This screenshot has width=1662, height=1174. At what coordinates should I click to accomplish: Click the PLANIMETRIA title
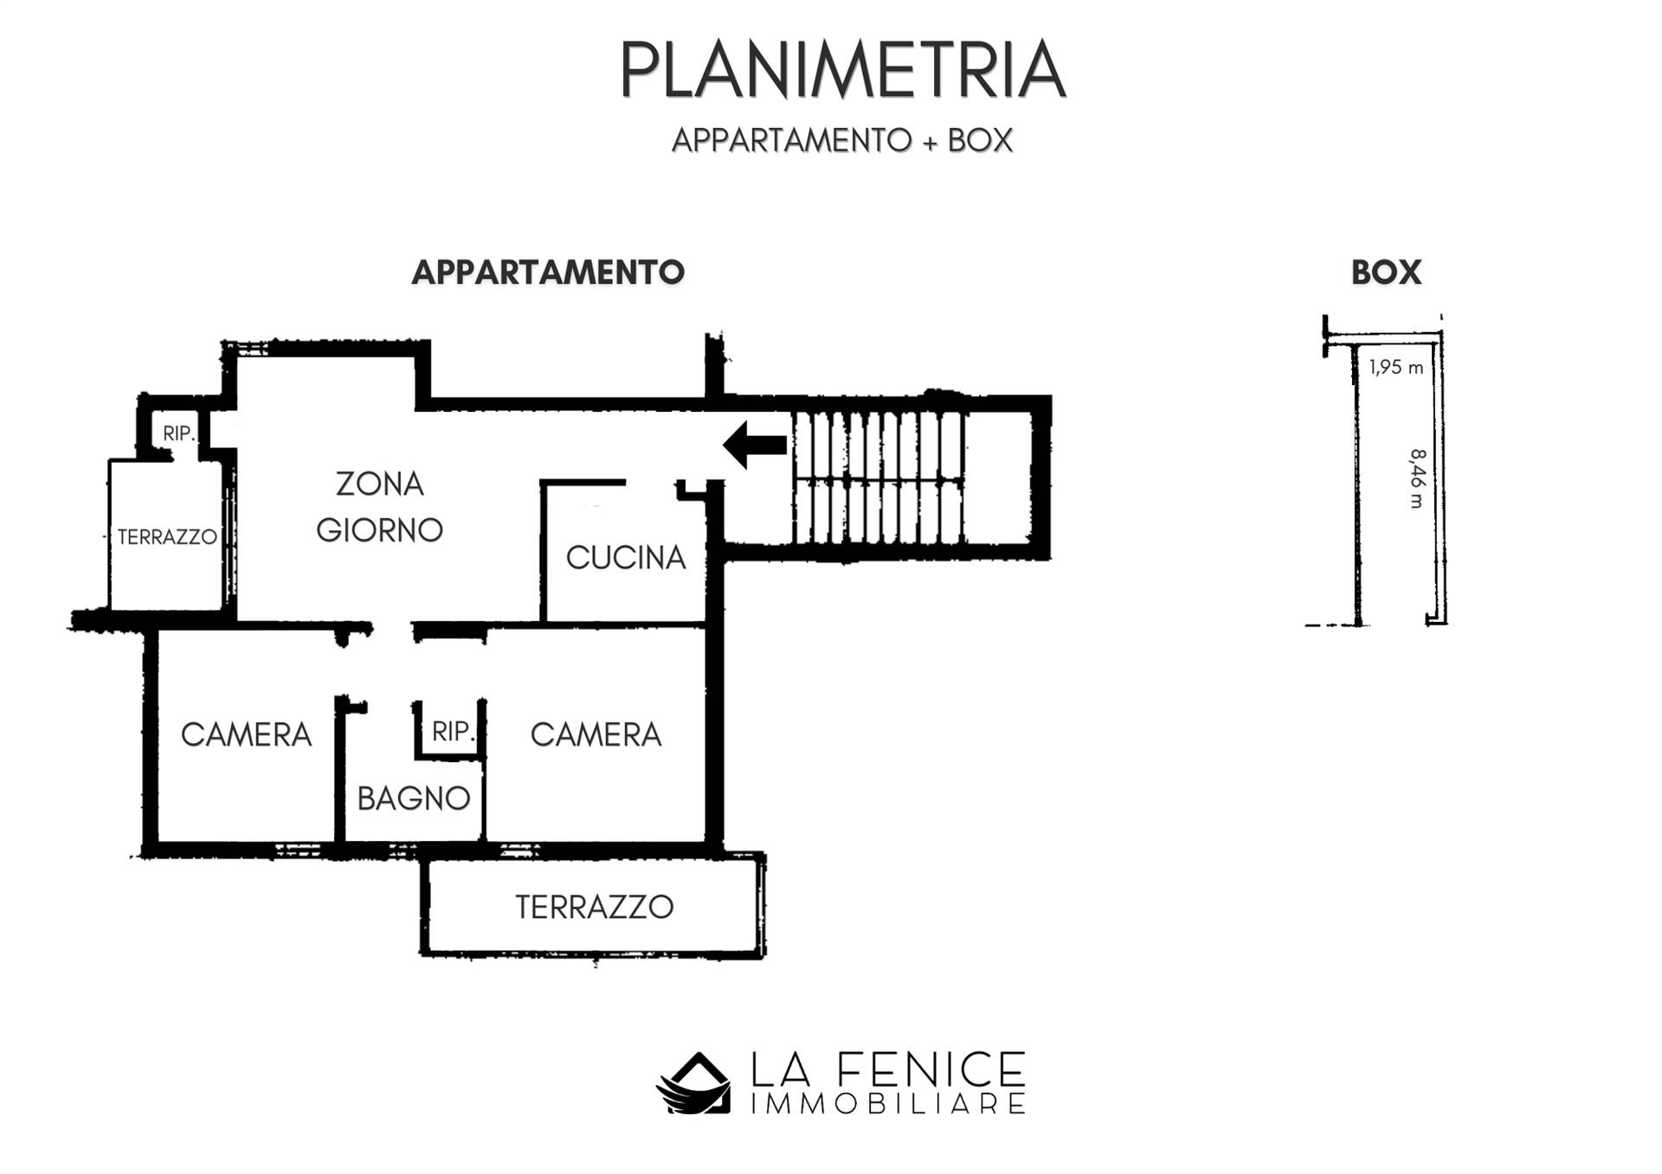point(842,70)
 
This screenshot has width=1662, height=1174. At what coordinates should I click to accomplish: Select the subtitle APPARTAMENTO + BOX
point(842,140)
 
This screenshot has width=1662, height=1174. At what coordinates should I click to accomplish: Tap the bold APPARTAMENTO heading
point(548,273)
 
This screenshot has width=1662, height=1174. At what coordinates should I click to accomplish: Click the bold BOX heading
point(1386,273)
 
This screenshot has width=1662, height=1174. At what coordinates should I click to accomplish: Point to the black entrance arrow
point(755,446)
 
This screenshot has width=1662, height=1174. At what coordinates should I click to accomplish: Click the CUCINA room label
point(626,558)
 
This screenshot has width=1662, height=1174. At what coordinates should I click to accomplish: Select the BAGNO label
point(414,799)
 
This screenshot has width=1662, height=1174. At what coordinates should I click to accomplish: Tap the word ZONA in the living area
point(380,484)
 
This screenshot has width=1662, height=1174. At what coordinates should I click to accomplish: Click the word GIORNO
point(380,529)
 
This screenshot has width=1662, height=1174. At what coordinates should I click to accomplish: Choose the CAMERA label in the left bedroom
point(246,735)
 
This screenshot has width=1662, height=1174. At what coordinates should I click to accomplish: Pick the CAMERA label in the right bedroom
point(596,735)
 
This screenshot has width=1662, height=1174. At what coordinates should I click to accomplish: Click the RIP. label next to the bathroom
point(453,732)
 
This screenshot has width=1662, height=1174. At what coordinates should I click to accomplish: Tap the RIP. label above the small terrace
point(179,433)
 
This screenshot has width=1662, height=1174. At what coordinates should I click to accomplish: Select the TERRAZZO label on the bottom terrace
point(595,908)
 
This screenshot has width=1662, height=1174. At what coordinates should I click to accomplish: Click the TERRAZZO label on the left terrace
point(167,537)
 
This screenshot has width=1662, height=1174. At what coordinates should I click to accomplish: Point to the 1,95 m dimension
point(1396,368)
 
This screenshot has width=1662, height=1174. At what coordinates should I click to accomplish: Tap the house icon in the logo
point(693,1082)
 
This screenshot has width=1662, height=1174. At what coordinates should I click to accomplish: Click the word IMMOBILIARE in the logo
point(887,1104)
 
